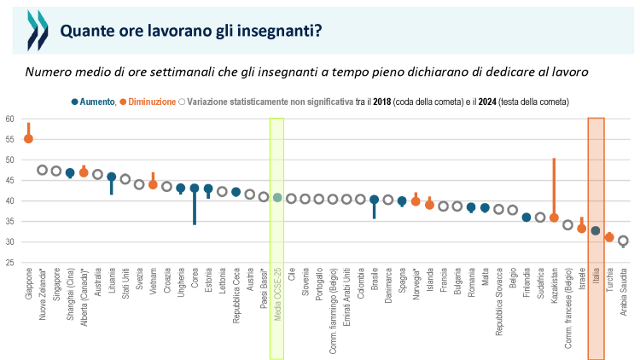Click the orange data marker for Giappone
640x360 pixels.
click(x=28, y=138)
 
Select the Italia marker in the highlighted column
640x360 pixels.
click(x=596, y=230)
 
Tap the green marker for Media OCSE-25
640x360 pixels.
click(x=277, y=197)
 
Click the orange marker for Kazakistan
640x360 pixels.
click(x=554, y=218)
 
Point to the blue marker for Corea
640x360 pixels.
click(x=195, y=188)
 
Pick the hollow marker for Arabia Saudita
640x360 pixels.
click(x=623, y=241)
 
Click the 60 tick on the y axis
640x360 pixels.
click(x=9, y=119)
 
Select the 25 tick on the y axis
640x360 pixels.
click(x=9, y=263)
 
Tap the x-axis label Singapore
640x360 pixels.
click(x=56, y=290)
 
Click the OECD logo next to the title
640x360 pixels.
click(x=37, y=32)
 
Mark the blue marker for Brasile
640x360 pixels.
click(x=374, y=200)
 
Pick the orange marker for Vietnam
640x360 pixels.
click(x=153, y=184)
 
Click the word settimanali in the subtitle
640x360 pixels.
click(x=196, y=72)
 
